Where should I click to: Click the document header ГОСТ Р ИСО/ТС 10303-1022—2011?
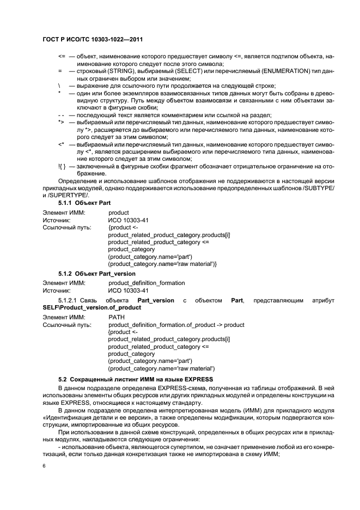pos(92,40)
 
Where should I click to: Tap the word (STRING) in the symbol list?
pos(129,71)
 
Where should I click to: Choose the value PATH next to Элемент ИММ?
pos(117,317)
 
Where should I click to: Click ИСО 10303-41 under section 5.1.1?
pos(125,220)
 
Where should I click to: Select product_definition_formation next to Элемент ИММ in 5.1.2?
pos(147,283)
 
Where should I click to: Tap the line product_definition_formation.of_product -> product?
pos(176,325)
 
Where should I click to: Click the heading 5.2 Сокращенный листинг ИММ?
pos(136,379)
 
